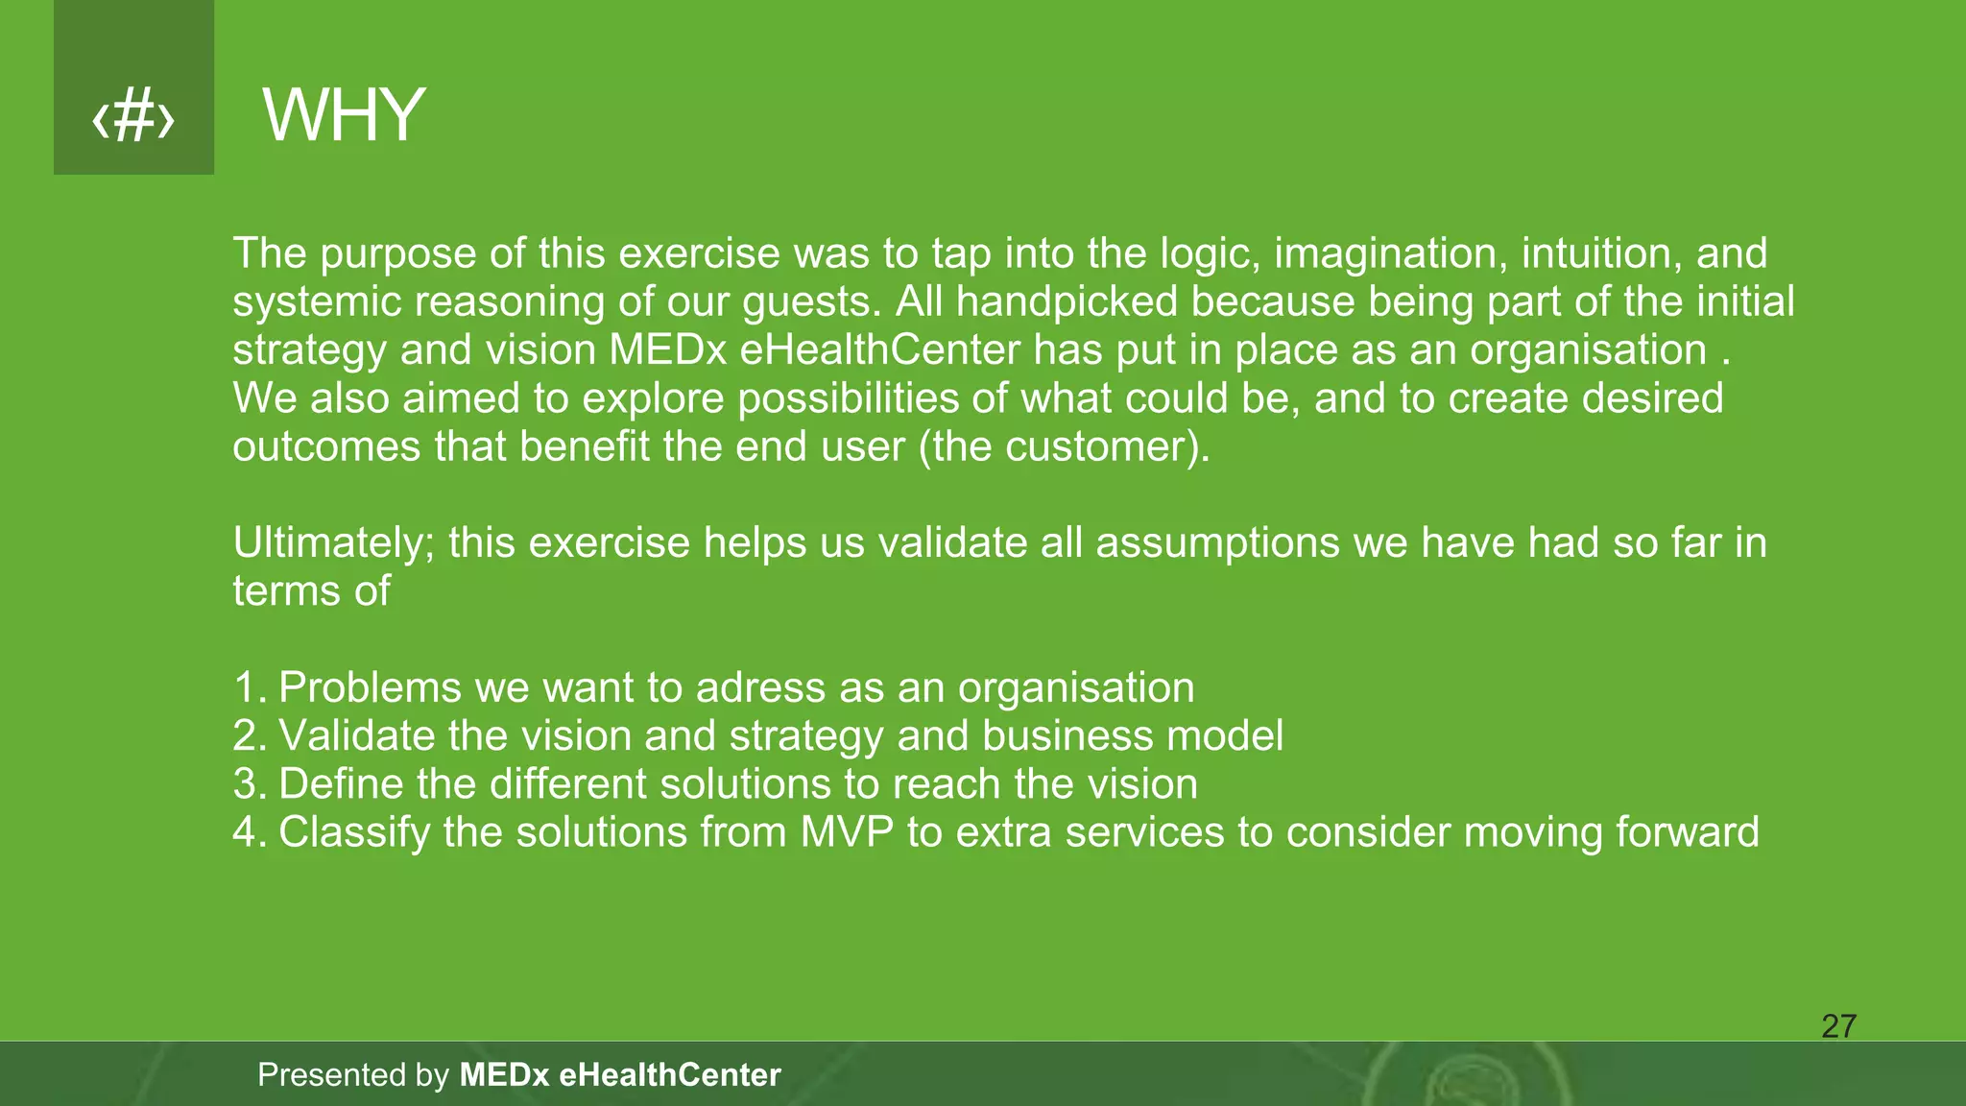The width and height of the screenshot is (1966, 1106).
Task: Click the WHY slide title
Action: (x=343, y=115)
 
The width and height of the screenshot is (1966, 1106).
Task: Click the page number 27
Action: (x=1838, y=1026)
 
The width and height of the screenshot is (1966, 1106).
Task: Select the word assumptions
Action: (x=1216, y=543)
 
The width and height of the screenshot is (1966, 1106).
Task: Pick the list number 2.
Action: (x=248, y=736)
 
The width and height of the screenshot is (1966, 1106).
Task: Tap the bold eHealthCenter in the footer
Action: (x=669, y=1075)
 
